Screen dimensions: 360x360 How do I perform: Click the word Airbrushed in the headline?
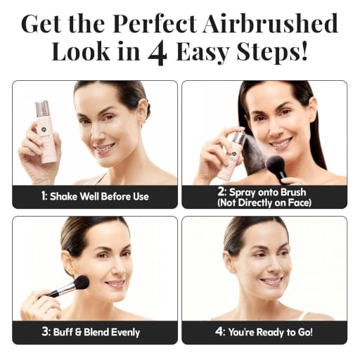[x=270, y=23]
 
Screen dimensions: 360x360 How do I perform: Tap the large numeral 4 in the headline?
[x=157, y=51]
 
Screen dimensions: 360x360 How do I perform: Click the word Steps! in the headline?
[x=272, y=52]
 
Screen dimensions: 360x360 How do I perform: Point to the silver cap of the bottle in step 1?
[x=43, y=109]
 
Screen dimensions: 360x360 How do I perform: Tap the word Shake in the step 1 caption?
[x=64, y=197]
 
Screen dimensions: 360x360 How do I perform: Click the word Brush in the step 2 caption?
[x=293, y=192]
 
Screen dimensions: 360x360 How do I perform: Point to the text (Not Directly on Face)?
[x=264, y=203]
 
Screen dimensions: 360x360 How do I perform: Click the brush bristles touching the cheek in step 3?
[x=82, y=283]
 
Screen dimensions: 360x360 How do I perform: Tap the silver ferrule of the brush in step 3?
[x=66, y=288]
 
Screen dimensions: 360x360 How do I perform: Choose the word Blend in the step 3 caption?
[x=96, y=332]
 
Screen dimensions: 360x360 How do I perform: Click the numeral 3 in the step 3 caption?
[x=45, y=332]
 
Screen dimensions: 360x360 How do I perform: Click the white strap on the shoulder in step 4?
[x=303, y=316]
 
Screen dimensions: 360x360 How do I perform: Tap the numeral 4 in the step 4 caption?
[x=219, y=332]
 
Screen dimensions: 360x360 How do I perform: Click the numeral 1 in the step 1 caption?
[x=43, y=196]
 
